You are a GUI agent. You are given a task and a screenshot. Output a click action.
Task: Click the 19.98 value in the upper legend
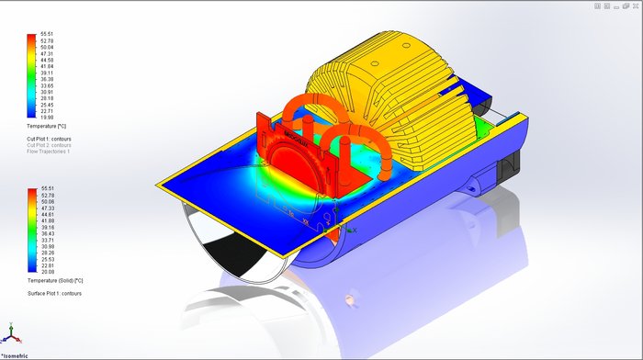(47, 118)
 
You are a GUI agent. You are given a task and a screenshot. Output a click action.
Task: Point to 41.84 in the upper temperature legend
(47, 67)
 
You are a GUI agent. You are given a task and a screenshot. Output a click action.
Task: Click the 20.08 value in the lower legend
(47, 272)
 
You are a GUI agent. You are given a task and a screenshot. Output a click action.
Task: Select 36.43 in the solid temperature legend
(47, 233)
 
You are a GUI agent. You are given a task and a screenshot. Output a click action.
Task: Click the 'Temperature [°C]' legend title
(50, 126)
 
